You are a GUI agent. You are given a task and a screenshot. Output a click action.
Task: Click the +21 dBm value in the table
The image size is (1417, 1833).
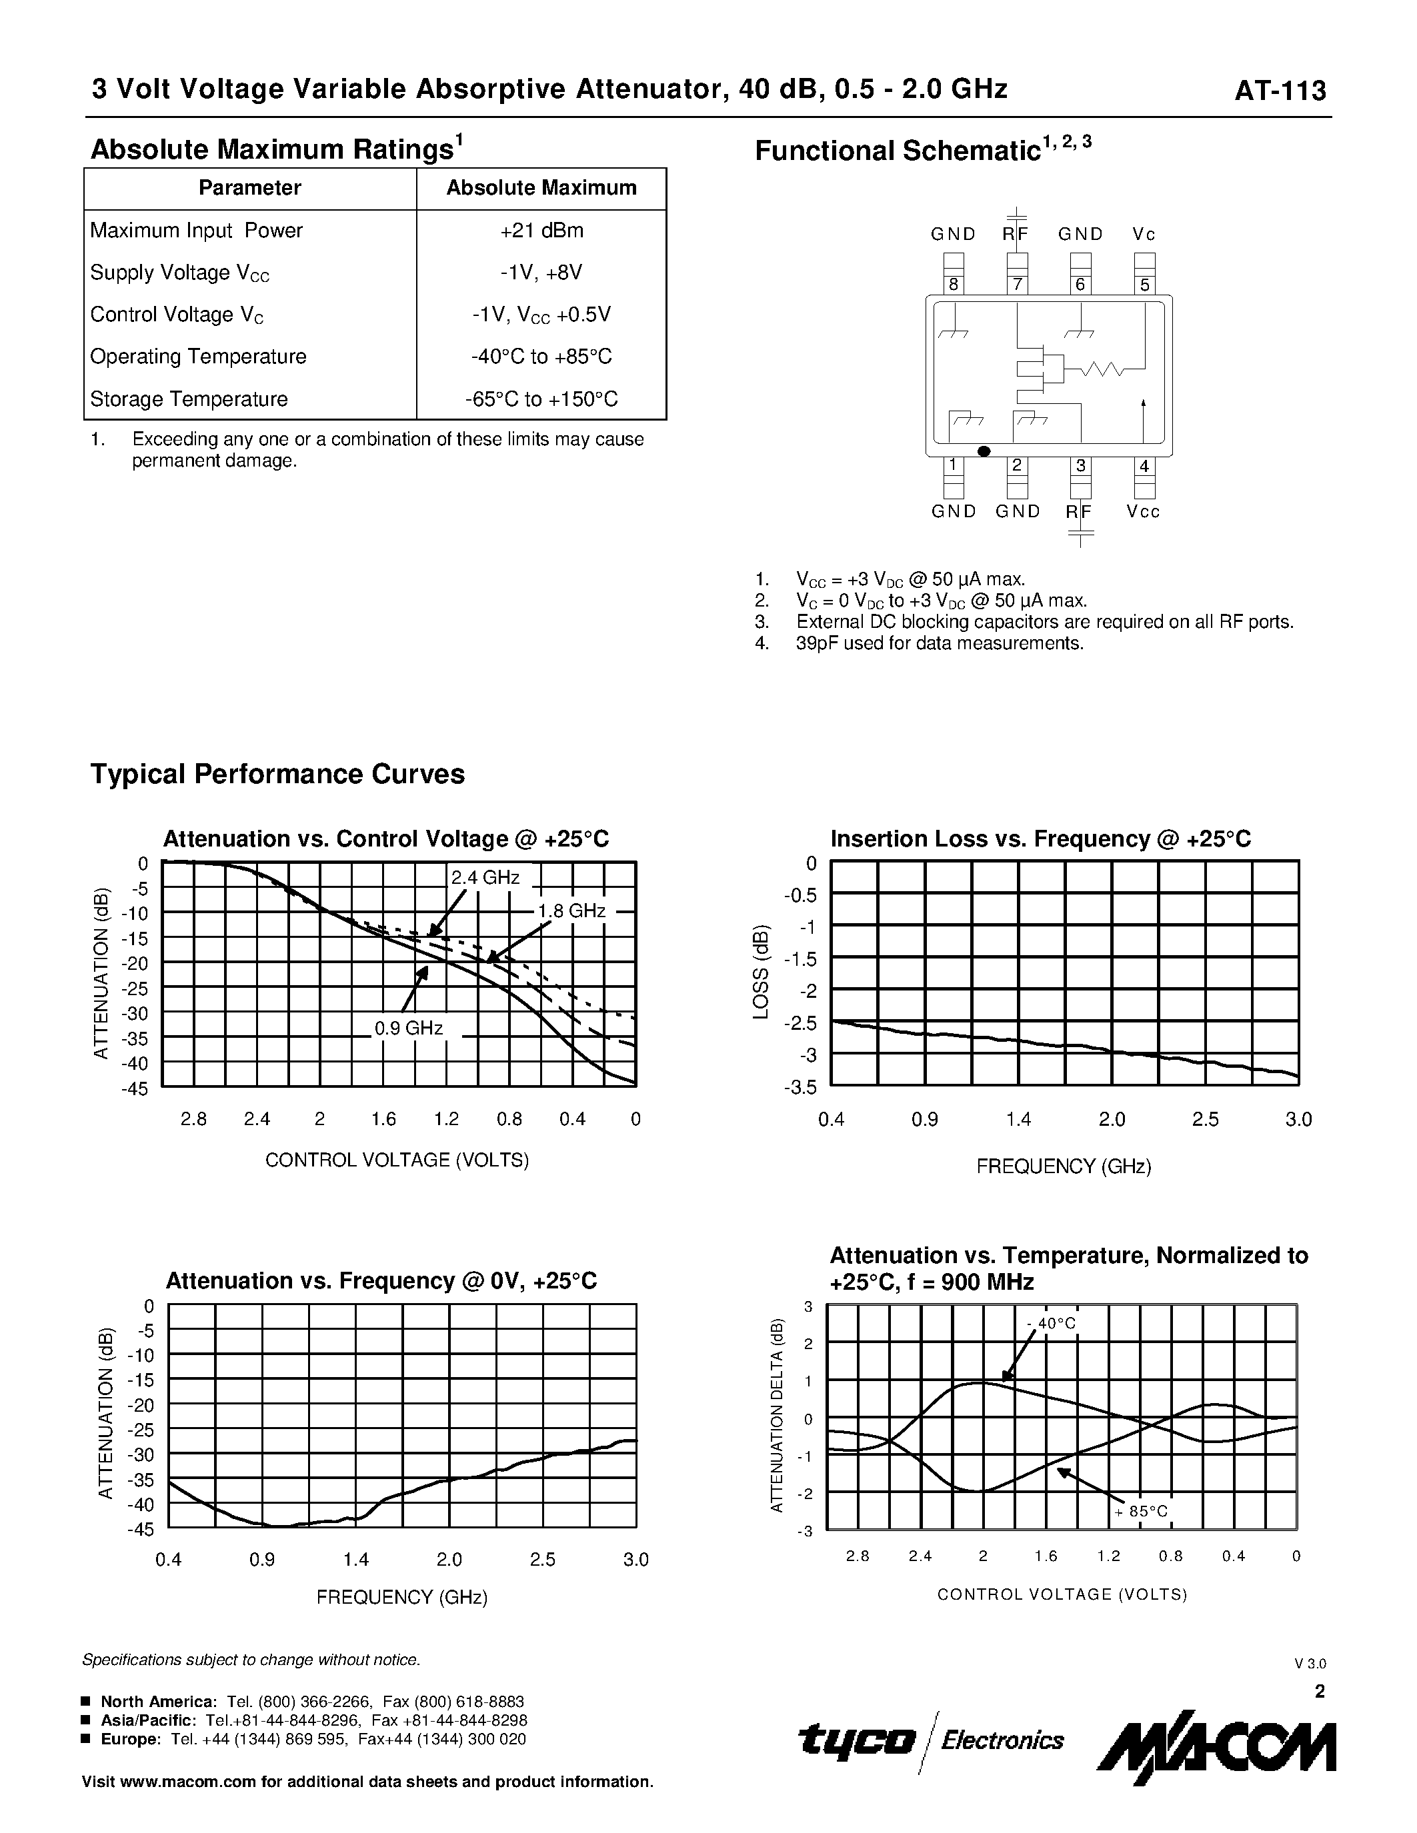541,231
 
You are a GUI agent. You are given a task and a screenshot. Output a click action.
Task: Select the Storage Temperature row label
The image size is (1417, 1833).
189,399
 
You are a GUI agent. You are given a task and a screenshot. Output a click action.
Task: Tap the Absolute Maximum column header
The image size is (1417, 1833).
541,188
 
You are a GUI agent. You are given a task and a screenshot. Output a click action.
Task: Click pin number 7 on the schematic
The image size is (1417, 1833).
1017,285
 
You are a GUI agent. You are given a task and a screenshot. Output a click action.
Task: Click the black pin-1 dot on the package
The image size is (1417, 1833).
985,451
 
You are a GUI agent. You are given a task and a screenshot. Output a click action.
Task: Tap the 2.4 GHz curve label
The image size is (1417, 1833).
485,878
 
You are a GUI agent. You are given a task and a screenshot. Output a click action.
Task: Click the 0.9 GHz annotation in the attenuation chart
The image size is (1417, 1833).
408,1028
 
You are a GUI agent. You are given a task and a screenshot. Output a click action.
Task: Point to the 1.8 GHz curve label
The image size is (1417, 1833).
571,911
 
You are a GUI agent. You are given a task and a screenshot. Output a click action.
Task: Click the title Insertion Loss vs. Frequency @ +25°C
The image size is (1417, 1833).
1040,839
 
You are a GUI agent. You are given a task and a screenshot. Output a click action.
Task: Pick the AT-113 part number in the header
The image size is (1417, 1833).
1280,91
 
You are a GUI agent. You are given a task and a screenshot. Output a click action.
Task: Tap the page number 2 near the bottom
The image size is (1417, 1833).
1319,1691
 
